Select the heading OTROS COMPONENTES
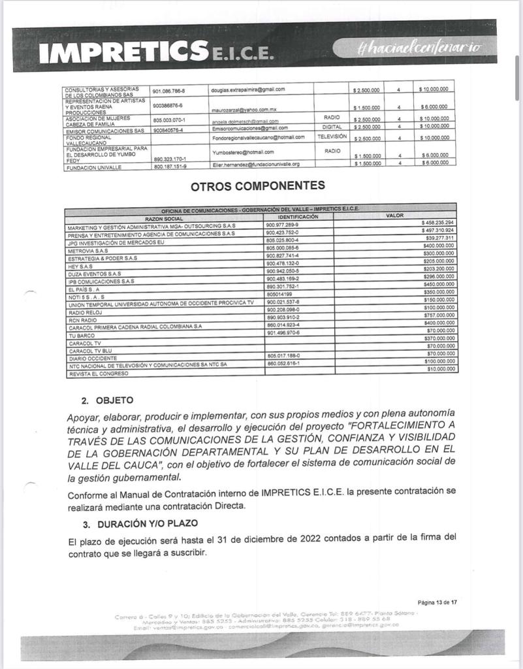point(257,186)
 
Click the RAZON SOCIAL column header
point(164,218)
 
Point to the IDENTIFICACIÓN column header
point(298,216)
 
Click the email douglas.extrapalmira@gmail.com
point(247,89)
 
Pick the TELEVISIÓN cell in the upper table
point(332,137)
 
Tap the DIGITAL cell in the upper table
point(332,127)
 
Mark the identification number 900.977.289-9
point(283,225)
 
